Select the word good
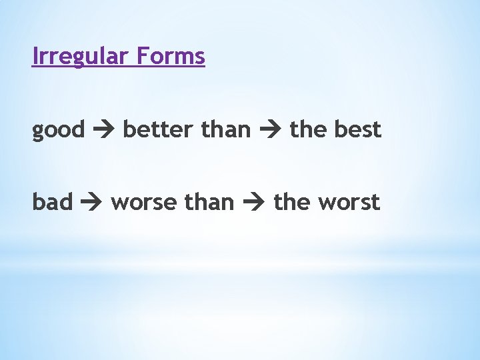pyautogui.click(x=59, y=130)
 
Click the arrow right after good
pyautogui.click(x=104, y=130)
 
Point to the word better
pyautogui.click(x=159, y=129)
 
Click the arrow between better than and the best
pyautogui.click(x=270, y=130)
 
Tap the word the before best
pyautogui.click(x=308, y=129)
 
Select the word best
pyautogui.click(x=357, y=129)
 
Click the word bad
pyautogui.click(x=52, y=201)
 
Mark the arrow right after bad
pyautogui.click(x=91, y=202)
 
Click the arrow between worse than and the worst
pyautogui.click(x=254, y=202)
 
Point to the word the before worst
pyautogui.click(x=292, y=201)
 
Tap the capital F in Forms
pyautogui.click(x=141, y=57)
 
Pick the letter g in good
pyautogui.click(x=38, y=132)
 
